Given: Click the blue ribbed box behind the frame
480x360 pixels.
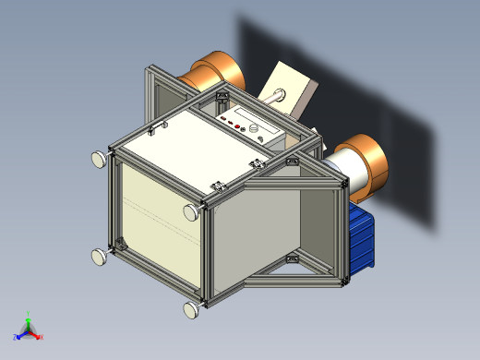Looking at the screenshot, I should coord(362,239).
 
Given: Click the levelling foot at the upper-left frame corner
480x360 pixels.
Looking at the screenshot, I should coord(98,160).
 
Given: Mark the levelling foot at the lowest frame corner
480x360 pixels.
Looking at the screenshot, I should coord(192,309).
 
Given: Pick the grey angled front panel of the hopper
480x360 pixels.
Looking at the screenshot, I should coord(254,231).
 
